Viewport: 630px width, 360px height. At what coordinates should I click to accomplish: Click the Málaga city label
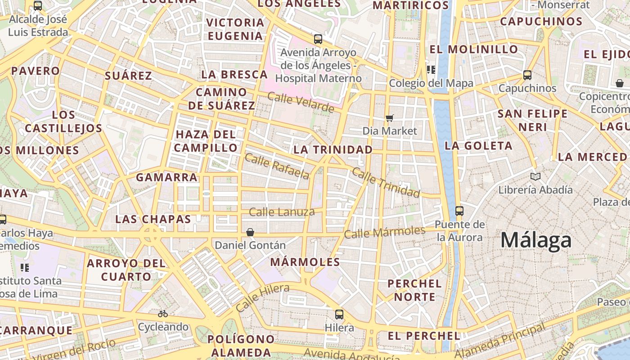[536, 240]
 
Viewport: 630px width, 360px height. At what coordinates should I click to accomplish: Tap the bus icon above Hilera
[339, 314]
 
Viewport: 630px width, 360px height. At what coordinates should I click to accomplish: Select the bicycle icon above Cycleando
[163, 314]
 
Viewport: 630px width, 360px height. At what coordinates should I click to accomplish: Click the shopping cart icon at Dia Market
[390, 118]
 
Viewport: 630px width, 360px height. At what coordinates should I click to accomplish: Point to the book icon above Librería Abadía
[535, 176]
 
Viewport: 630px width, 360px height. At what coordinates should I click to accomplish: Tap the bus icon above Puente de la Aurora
[459, 211]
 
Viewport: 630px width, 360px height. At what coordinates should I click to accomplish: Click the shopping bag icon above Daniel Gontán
[250, 232]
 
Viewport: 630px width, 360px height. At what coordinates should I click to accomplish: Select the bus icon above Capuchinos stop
[527, 75]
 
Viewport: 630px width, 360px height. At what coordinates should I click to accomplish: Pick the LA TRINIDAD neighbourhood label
[333, 149]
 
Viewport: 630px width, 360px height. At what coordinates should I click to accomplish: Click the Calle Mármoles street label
[384, 232]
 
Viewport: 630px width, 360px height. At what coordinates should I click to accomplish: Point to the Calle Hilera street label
[262, 297]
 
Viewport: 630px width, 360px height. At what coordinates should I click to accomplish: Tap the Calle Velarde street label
[301, 102]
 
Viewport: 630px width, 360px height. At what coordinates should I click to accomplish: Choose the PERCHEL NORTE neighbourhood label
[414, 290]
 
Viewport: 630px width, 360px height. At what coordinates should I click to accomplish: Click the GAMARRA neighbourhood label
[167, 177]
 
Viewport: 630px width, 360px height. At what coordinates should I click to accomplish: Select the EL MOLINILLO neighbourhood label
[474, 49]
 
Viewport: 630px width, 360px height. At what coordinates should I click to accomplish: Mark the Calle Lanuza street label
[282, 212]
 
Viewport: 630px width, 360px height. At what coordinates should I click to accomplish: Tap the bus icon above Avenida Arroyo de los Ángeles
[318, 39]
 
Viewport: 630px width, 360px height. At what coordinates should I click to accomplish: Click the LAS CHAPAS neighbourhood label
[153, 219]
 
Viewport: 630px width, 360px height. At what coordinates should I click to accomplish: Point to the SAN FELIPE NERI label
[533, 120]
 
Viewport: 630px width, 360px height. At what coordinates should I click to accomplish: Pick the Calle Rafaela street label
[277, 166]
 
